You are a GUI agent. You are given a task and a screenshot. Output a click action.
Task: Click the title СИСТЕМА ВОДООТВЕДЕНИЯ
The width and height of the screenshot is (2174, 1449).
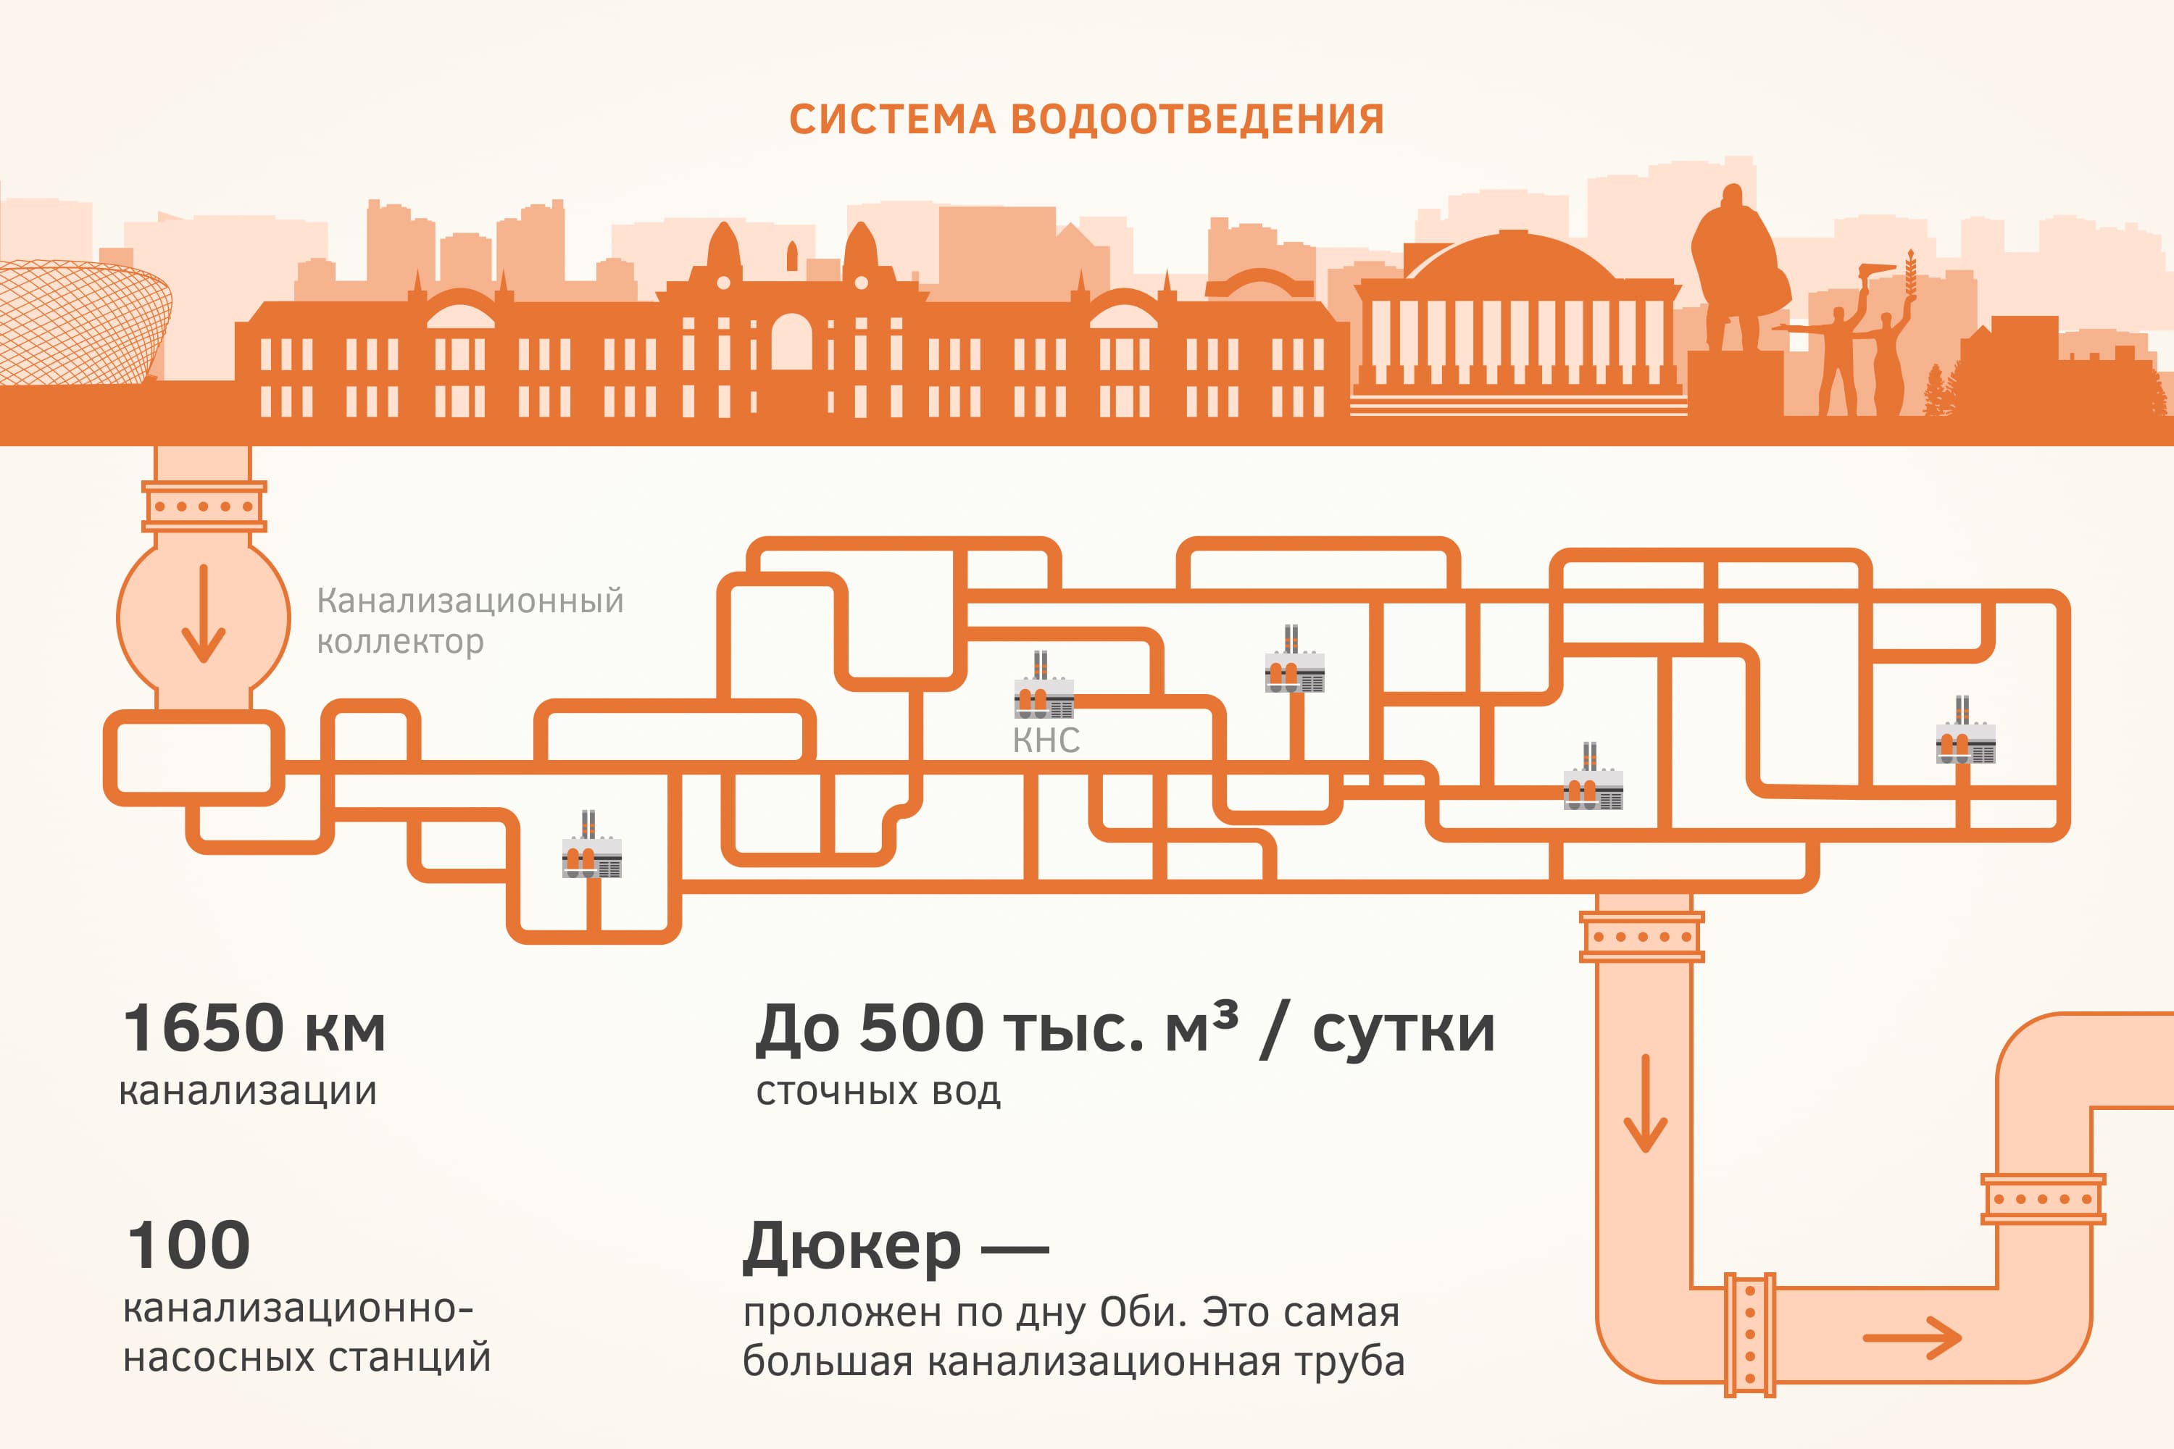coord(1086,120)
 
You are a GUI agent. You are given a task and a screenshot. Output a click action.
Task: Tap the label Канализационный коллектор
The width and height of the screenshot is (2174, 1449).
coord(470,620)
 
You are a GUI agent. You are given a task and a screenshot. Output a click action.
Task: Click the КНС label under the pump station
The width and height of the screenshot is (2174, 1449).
coord(1046,740)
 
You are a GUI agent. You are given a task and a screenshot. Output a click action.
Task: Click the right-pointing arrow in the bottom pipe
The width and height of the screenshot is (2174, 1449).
coord(1912,1338)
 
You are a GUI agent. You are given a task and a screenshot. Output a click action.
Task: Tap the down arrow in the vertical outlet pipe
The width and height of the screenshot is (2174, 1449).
coord(1645,1103)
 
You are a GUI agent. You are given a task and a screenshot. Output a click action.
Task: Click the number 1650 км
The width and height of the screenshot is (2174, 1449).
coord(254,1029)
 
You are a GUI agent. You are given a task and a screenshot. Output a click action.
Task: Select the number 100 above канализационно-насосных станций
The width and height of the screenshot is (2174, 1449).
coord(188,1245)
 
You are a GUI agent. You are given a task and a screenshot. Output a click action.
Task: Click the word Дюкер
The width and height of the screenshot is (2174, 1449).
coord(851,1247)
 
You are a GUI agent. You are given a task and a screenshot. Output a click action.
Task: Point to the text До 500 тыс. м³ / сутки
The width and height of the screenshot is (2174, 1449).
coord(1124,1029)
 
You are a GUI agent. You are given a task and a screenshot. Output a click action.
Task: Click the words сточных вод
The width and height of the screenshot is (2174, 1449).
coord(878,1091)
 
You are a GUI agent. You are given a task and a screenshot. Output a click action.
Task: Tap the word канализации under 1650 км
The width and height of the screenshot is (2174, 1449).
coord(248,1091)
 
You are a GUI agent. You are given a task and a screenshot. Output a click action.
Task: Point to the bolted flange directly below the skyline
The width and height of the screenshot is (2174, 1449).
coord(204,506)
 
